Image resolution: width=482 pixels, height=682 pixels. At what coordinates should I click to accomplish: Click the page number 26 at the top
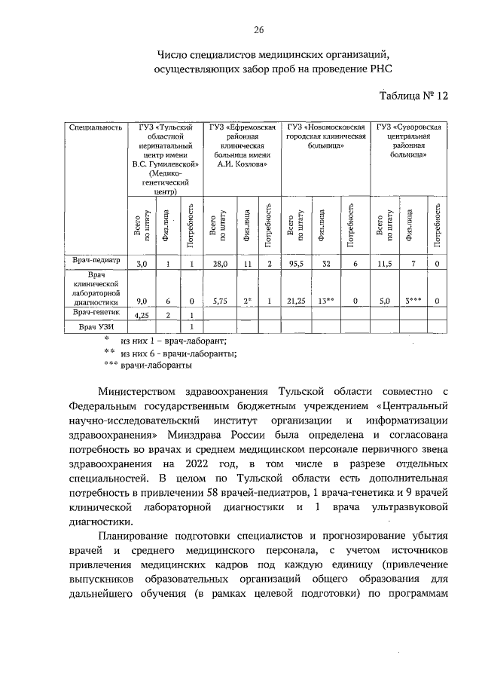258,30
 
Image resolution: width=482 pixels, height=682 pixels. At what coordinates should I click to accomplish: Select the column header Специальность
96,127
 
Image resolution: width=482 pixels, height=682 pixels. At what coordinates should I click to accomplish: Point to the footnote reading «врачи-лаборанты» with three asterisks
156,366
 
